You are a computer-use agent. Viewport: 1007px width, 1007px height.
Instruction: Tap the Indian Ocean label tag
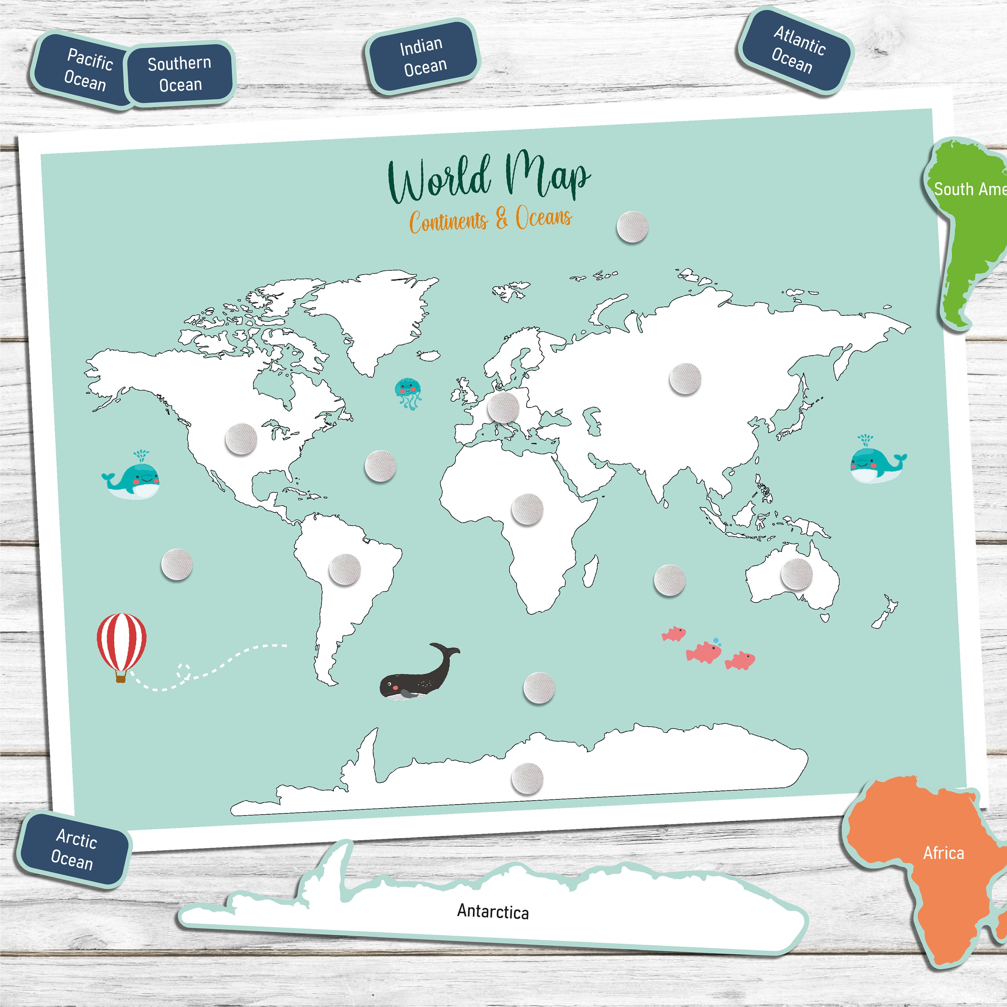point(423,57)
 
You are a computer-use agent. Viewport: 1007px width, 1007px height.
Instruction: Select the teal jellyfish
point(407,392)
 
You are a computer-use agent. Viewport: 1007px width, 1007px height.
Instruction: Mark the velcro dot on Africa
point(527,509)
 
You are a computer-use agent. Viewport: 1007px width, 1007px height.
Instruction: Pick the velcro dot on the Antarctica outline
point(527,778)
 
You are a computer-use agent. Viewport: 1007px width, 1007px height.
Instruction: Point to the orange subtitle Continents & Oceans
point(490,220)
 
